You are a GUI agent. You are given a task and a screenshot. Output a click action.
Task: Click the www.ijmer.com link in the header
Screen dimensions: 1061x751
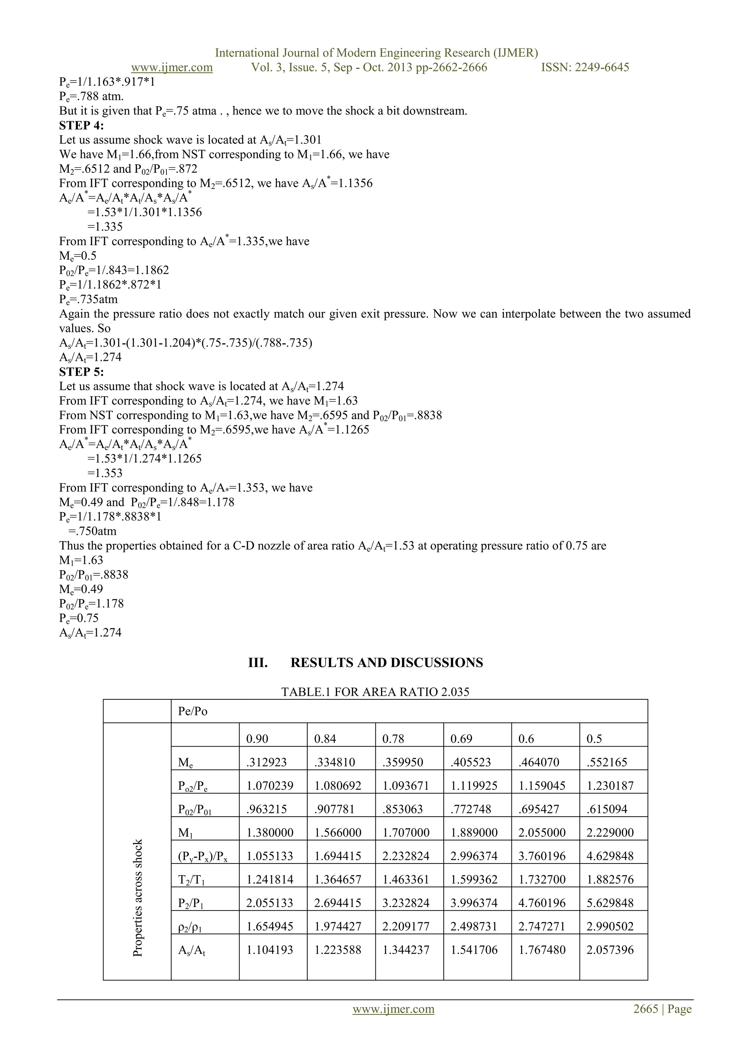pyautogui.click(x=172, y=67)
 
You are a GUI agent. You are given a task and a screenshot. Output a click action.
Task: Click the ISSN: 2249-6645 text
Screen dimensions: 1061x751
pyautogui.click(x=585, y=67)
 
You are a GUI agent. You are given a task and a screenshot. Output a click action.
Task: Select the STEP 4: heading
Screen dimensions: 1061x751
pyautogui.click(x=81, y=126)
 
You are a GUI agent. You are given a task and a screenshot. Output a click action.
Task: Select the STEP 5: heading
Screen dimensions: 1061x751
pyautogui.click(x=81, y=372)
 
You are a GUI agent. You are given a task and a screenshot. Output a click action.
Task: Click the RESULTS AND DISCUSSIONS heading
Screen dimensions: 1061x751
pyautogui.click(x=386, y=663)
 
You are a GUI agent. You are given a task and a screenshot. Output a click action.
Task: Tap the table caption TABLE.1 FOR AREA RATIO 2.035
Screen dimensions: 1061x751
pyautogui.click(x=375, y=692)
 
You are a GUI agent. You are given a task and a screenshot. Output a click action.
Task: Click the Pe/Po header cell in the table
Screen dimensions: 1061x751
pyautogui.click(x=193, y=711)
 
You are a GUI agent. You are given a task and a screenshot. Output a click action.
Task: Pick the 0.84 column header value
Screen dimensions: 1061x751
pyautogui.click(x=325, y=739)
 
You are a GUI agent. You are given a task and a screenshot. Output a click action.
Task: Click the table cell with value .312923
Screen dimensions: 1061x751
pyautogui.click(x=266, y=762)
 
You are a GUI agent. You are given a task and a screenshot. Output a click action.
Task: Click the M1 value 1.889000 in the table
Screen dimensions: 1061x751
pyautogui.click(x=474, y=833)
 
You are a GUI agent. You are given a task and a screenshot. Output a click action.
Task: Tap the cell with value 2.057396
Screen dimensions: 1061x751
pyautogui.click(x=610, y=950)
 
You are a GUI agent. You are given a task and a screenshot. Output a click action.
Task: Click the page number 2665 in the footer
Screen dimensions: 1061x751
pyautogui.click(x=645, y=1009)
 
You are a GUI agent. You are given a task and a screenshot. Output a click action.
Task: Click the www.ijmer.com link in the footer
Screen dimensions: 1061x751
pyautogui.click(x=393, y=1009)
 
